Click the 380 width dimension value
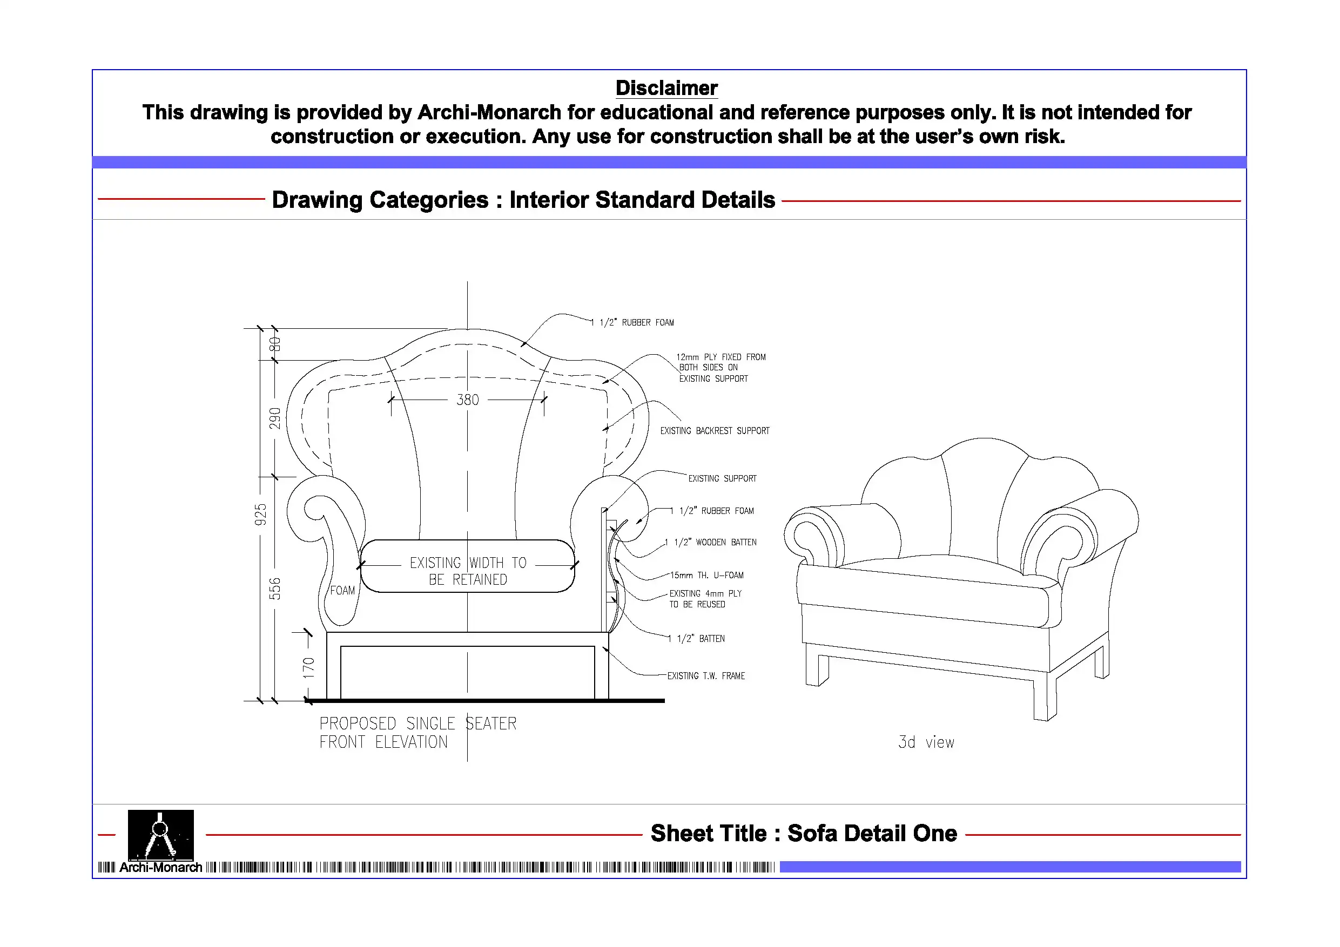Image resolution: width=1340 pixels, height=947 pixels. click(468, 400)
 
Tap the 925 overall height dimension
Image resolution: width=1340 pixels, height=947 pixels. click(260, 515)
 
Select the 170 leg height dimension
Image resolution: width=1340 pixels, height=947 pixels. click(308, 667)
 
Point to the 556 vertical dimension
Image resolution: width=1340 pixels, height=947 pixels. click(275, 589)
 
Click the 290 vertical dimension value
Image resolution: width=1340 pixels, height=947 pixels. click(275, 418)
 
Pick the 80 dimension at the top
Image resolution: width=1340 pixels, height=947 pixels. click(275, 344)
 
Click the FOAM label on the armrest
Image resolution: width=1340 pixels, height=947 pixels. click(342, 591)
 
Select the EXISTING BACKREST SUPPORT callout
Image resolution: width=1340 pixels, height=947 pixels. click(715, 431)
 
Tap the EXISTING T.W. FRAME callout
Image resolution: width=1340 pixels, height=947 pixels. click(706, 675)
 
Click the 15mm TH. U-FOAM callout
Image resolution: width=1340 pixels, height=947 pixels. click(707, 576)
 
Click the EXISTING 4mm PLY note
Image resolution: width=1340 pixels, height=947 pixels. click(705, 599)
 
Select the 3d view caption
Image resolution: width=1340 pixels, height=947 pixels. click(926, 742)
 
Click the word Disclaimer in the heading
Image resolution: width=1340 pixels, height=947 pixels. click(666, 88)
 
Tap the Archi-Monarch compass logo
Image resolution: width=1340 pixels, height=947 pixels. click(160, 835)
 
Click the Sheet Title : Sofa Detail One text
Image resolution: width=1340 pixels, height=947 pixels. click(804, 833)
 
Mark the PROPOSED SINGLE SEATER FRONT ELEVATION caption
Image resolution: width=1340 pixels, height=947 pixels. click(418, 733)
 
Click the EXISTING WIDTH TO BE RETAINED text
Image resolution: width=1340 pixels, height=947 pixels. click(468, 571)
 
